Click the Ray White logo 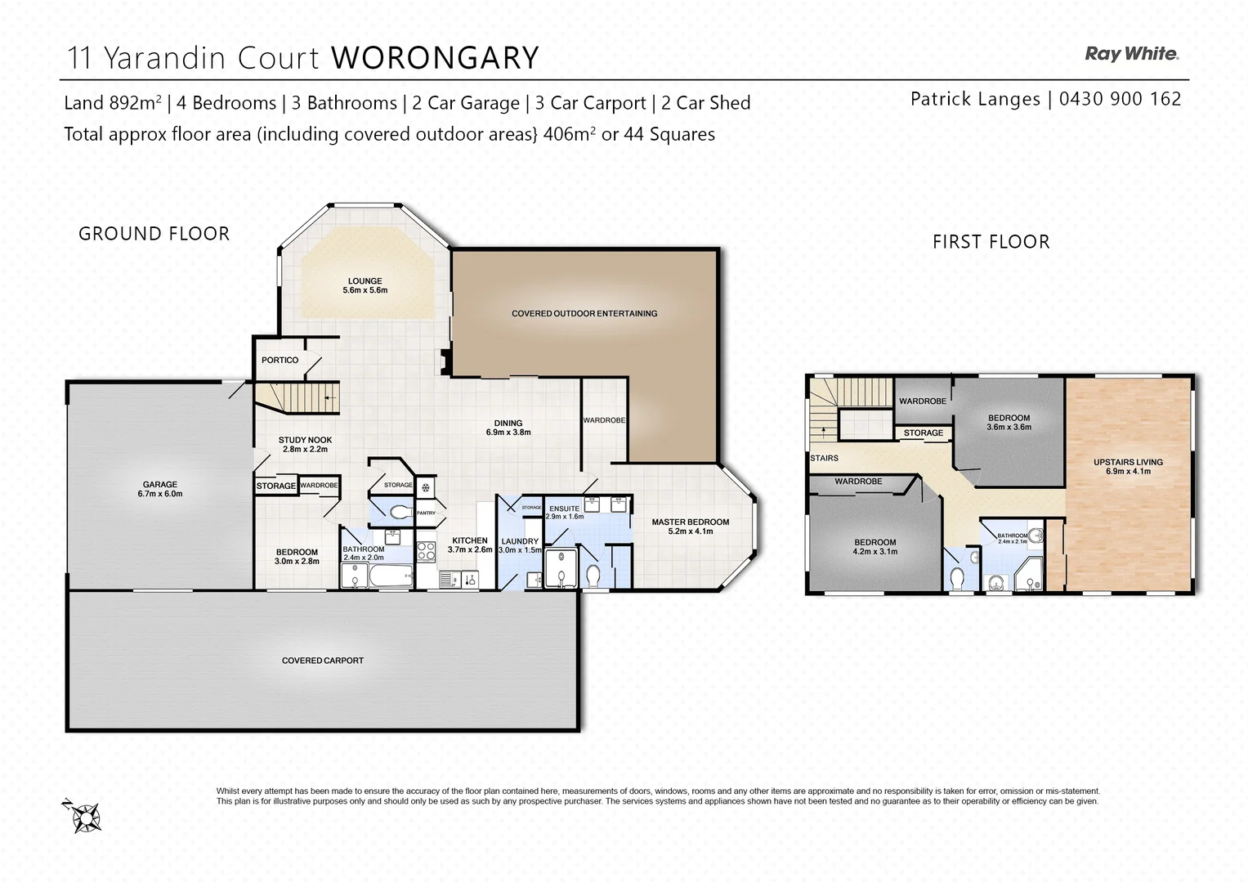1131,54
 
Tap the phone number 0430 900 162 1120,99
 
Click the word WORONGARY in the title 435,58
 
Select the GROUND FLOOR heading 154,234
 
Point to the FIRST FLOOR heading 991,242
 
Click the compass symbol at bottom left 85,816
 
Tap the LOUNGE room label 365,285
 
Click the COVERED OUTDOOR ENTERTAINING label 584,313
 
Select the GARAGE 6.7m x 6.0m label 160,489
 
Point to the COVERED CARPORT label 322,661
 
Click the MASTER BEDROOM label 690,527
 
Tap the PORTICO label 280,360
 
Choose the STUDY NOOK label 305,444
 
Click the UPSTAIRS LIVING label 1128,466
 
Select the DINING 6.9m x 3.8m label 508,428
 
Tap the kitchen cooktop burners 427,552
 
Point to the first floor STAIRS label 824,458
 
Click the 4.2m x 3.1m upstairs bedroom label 874,547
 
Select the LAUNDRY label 520,545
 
